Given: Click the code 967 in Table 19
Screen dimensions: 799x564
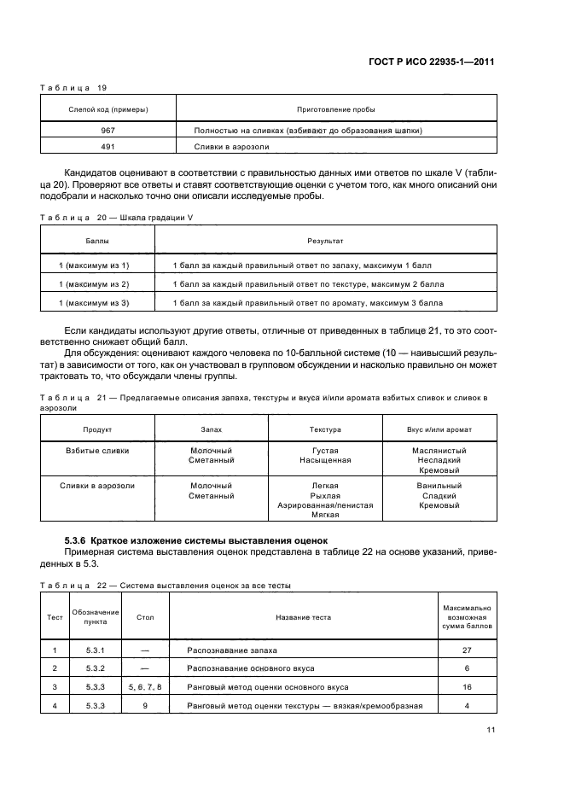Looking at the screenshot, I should coord(108,130).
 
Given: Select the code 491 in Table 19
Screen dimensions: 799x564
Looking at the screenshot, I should coord(108,146).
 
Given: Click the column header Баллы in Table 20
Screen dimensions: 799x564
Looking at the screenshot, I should coord(96,242).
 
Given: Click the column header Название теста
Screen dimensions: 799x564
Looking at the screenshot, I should coord(303,616).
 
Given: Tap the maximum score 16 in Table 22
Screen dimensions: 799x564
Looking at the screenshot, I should coord(468,686).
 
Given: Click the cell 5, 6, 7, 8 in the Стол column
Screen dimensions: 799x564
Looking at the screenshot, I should coord(144,686).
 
